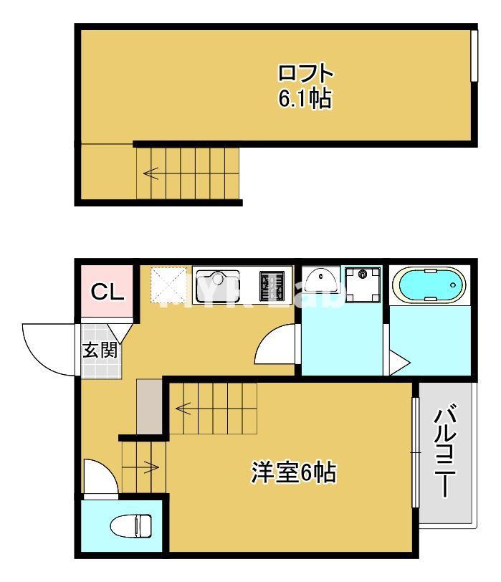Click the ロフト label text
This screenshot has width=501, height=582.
pyautogui.click(x=305, y=73)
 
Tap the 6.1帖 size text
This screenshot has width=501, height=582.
pyautogui.click(x=305, y=99)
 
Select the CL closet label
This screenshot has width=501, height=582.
pyautogui.click(x=108, y=292)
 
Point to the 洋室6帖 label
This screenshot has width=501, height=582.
pyautogui.click(x=294, y=473)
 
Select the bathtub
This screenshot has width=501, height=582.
pyautogui.click(x=429, y=285)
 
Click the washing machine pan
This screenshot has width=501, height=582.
pyautogui.click(x=363, y=284)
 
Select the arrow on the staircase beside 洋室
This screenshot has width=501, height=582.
pyautogui.click(x=183, y=409)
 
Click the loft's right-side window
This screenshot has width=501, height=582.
pyautogui.click(x=473, y=56)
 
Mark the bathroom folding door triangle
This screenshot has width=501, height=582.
pyautogui.click(x=398, y=361)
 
